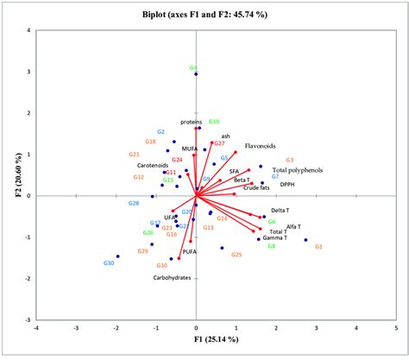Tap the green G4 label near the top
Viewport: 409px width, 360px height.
pyautogui.click(x=194, y=67)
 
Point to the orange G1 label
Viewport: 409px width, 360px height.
pyautogui.click(x=318, y=247)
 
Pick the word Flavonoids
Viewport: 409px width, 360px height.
pyautogui.click(x=259, y=146)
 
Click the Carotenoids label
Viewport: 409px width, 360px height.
pyautogui.click(x=153, y=165)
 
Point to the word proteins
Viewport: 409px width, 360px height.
pyautogui.click(x=191, y=122)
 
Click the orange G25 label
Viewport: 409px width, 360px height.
pyautogui.click(x=237, y=255)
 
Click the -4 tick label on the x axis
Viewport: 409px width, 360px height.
pyautogui.click(x=36, y=328)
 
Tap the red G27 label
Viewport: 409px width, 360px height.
pyautogui.click(x=219, y=143)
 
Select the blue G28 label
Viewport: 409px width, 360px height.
pyautogui.click(x=134, y=204)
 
